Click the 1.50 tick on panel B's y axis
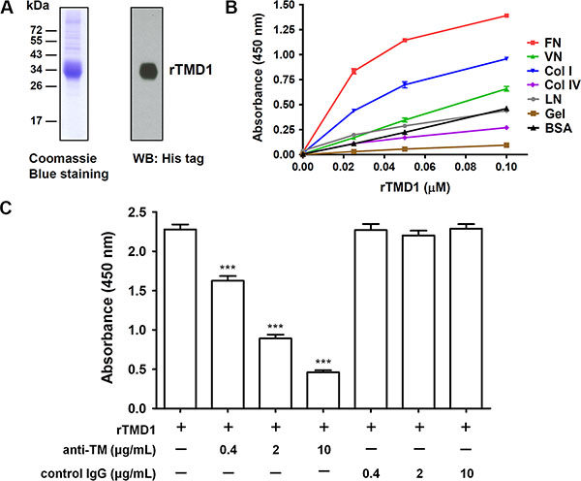coord(283,5)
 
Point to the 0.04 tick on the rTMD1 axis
coord(402,165)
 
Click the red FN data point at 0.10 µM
coord(505,16)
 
